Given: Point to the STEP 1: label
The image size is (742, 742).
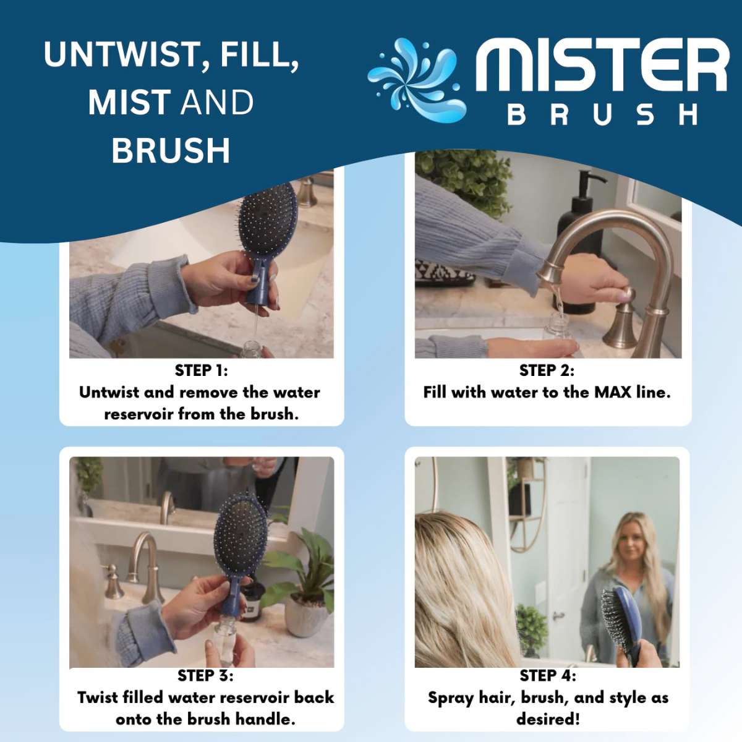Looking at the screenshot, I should pyautogui.click(x=201, y=370).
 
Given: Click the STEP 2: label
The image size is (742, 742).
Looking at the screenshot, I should pyautogui.click(x=547, y=370).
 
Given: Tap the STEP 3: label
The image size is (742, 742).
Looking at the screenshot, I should pyautogui.click(x=205, y=675).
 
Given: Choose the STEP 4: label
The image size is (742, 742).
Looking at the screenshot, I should pyautogui.click(x=547, y=675).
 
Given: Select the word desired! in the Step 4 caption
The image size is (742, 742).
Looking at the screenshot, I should pyautogui.click(x=548, y=719).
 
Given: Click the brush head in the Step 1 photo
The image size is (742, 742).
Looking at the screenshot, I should pyautogui.click(x=267, y=220).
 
